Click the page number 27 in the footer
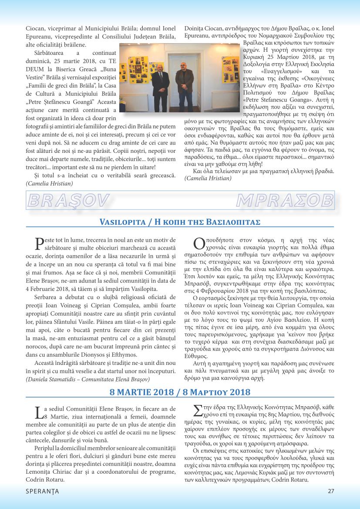tap(331, 491)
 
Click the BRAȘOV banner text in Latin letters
tap(67, 200)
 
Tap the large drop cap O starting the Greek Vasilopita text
tap(199, 243)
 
